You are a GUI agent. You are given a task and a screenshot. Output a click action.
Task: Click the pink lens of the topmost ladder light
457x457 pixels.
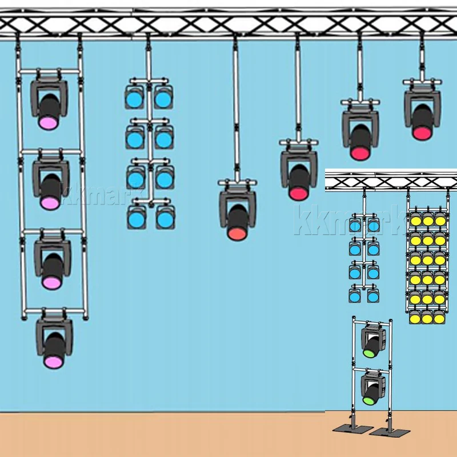pyautogui.click(x=48, y=122)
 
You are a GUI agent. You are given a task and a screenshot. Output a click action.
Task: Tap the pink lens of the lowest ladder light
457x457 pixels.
pyautogui.click(x=53, y=361)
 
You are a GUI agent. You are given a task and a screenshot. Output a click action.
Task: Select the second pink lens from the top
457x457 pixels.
pyautogui.click(x=50, y=202)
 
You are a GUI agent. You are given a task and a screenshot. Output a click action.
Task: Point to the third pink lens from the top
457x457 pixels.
pyautogui.click(x=51, y=282)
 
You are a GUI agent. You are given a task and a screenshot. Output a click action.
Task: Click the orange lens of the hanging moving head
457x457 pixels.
pyautogui.click(x=237, y=233)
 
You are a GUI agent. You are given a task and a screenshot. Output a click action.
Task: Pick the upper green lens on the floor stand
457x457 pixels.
pyautogui.click(x=369, y=352)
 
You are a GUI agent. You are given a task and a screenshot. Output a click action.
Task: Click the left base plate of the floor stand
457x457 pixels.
pyautogui.click(x=347, y=429)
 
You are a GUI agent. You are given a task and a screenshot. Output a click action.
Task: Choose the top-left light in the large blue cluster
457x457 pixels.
pyautogui.click(x=135, y=99)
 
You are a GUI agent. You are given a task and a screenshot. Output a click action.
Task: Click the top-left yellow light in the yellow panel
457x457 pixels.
pyautogui.click(x=415, y=219)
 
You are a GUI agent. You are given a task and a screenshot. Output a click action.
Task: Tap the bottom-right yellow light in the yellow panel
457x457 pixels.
pyautogui.click(x=439, y=315)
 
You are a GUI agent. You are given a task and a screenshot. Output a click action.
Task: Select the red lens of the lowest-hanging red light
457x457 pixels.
pyautogui.click(x=298, y=193)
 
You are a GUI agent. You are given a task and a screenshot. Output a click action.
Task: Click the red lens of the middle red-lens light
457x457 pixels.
pyautogui.click(x=359, y=153)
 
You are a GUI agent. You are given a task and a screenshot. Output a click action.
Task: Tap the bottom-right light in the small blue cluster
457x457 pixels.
pyautogui.click(x=373, y=296)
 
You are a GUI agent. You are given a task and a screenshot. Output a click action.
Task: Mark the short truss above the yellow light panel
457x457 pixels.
pyautogui.click(x=391, y=181)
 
